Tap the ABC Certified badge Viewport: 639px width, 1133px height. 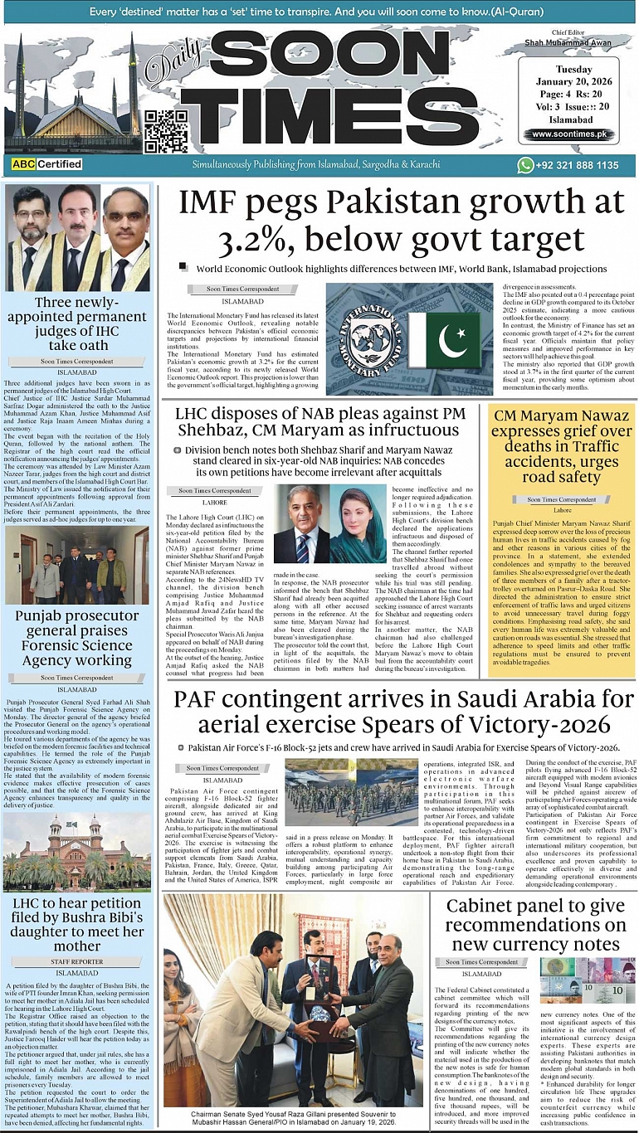coord(46,164)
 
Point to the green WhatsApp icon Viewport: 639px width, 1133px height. coord(524,165)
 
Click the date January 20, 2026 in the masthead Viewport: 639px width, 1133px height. coord(575,81)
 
